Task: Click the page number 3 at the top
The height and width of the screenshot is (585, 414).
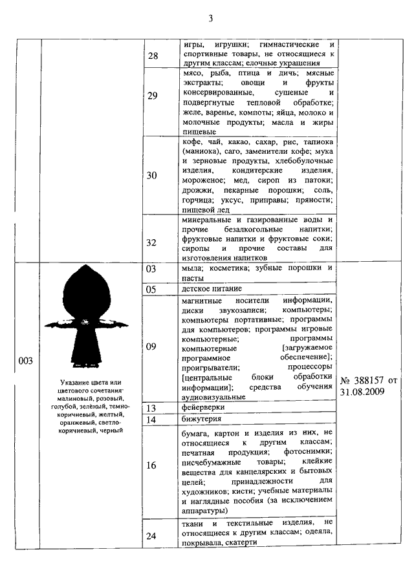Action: tap(211, 17)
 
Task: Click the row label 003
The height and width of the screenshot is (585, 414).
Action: tap(26, 361)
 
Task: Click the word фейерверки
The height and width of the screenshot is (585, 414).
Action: tap(204, 407)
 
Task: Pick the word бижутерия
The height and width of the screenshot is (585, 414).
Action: tap(202, 419)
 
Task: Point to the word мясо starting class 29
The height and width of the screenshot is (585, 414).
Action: tap(195, 74)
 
